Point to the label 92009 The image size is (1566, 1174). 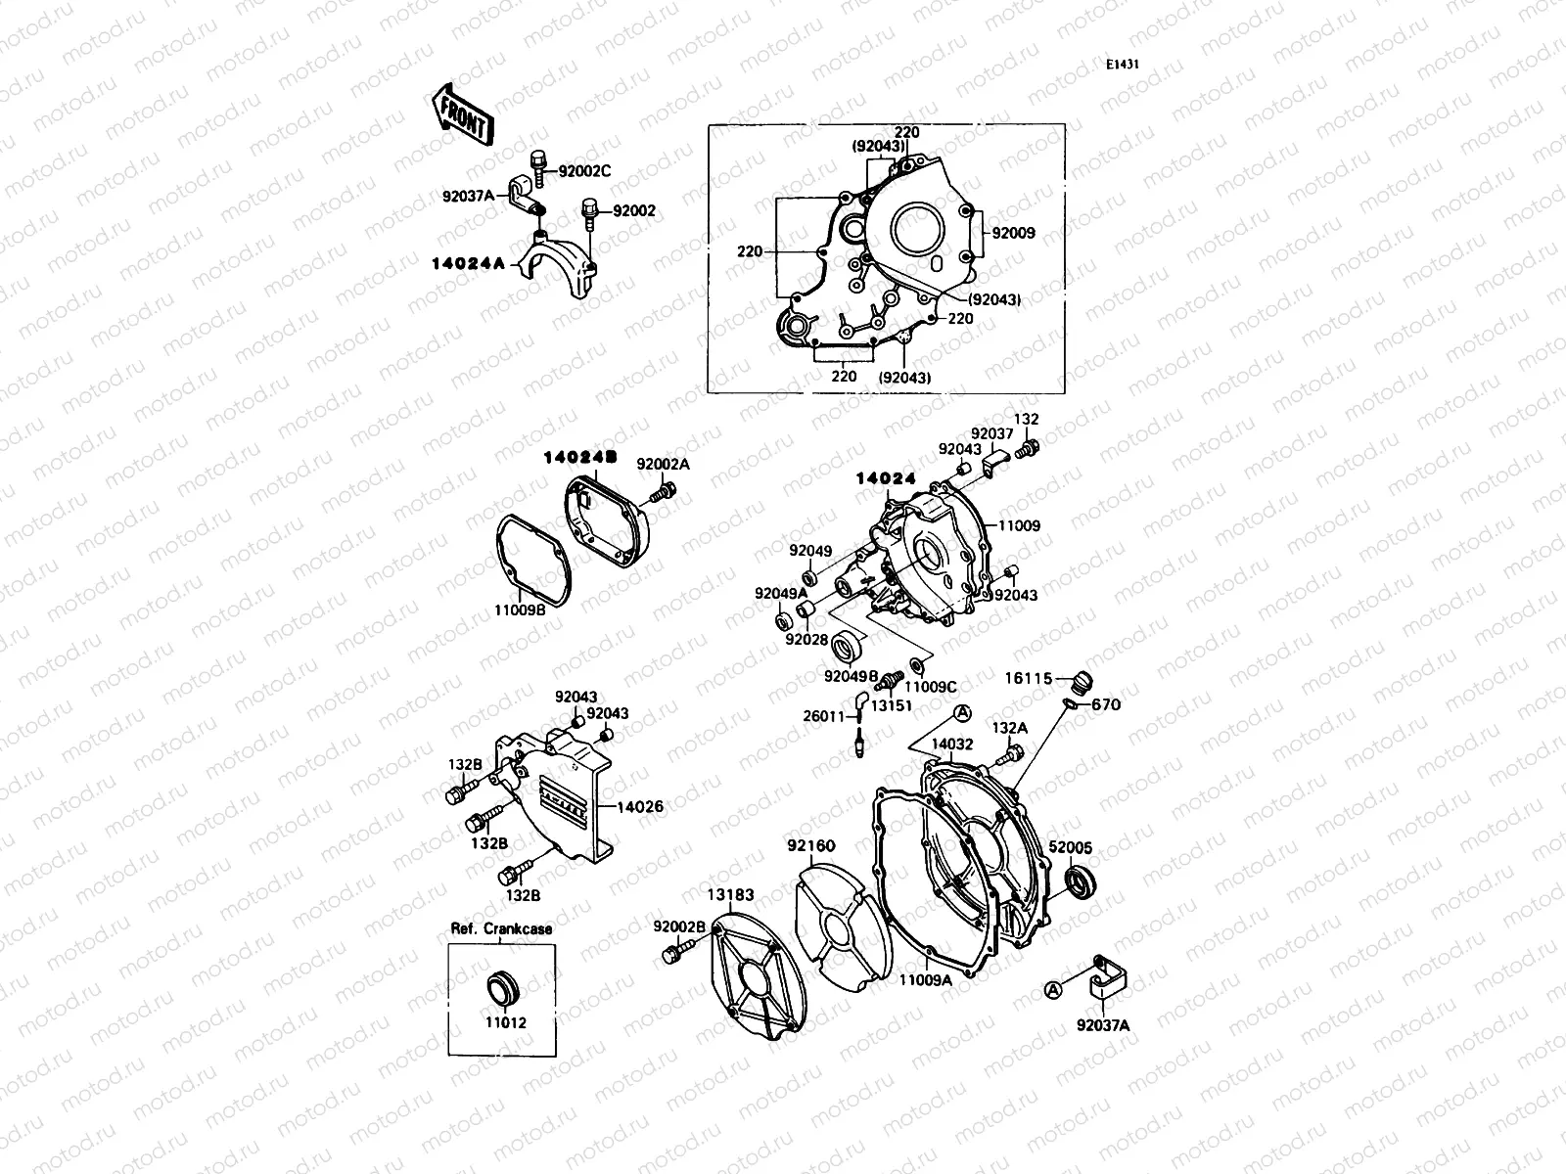point(1013,234)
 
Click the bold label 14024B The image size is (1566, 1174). point(580,457)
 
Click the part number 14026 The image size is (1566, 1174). point(641,807)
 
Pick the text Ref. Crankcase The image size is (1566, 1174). point(501,928)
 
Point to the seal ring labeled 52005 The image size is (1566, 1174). point(1081,880)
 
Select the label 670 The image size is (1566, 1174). point(1105,704)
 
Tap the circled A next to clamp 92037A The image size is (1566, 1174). point(1053,990)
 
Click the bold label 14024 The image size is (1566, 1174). point(886,478)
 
